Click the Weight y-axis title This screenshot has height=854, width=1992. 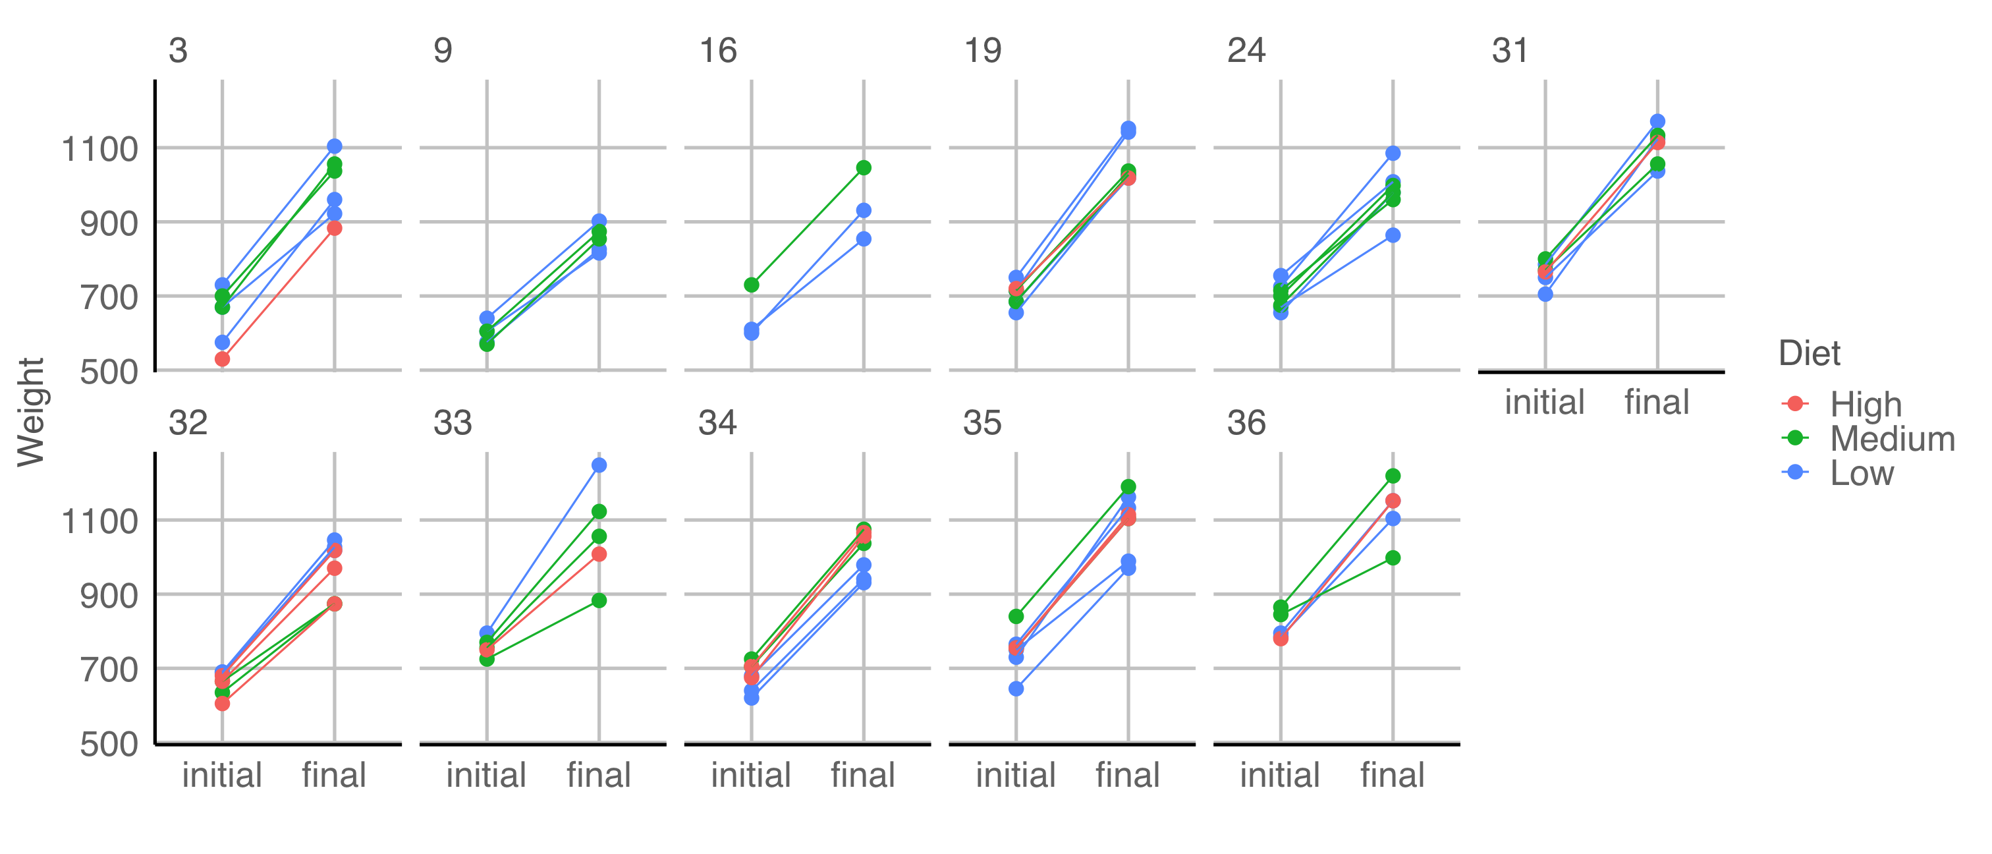click(x=31, y=412)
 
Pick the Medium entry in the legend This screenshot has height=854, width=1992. click(x=1891, y=439)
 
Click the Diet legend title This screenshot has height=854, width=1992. click(x=1809, y=353)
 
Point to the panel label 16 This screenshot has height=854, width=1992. click(x=717, y=51)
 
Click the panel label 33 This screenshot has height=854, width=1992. click(x=453, y=423)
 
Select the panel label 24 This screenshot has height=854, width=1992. click(x=1246, y=51)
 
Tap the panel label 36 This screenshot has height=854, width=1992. click(x=1246, y=423)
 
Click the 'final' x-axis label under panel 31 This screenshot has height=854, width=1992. click(x=1657, y=402)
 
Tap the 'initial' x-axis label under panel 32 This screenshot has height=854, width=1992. click(x=222, y=774)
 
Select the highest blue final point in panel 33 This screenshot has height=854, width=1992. click(x=599, y=465)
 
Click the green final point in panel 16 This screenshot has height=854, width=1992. click(x=864, y=168)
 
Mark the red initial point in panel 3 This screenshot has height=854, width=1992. click(x=222, y=359)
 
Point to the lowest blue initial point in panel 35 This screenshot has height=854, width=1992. click(x=1016, y=689)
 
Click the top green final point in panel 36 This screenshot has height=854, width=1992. click(x=1393, y=476)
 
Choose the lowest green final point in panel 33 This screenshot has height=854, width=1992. click(x=599, y=601)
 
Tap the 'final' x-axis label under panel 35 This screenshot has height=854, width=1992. click(x=1128, y=774)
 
